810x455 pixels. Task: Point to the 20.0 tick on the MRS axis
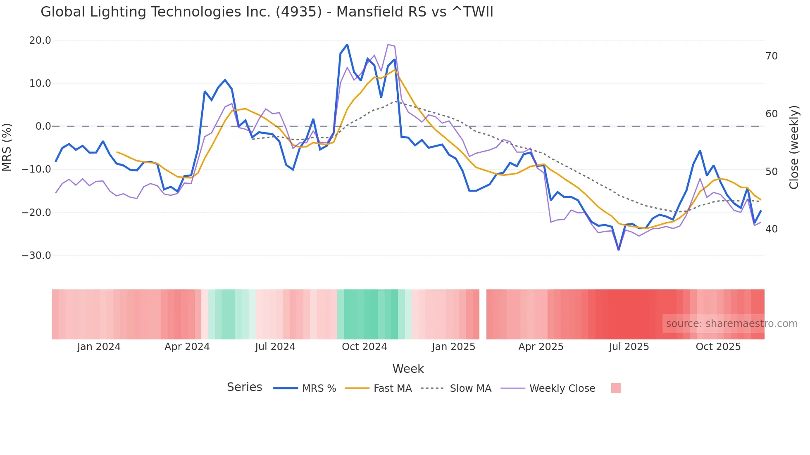[x=40, y=40]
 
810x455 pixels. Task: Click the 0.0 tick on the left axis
[x=43, y=126]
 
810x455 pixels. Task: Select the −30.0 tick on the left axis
[x=37, y=256]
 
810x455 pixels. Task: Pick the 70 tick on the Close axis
[x=771, y=56]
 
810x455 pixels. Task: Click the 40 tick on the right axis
[x=771, y=229]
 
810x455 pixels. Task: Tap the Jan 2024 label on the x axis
[x=99, y=347]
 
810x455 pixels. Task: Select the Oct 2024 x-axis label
[x=364, y=347]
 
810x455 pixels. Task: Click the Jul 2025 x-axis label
[x=629, y=347]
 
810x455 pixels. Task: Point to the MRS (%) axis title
[x=7, y=147]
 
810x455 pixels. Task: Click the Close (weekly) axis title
[x=793, y=147]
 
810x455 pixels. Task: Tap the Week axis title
[x=408, y=369]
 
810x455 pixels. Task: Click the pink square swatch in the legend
[x=616, y=389]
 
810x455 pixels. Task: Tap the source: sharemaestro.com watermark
[x=731, y=324]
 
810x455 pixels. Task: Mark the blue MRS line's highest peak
[x=347, y=45]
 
